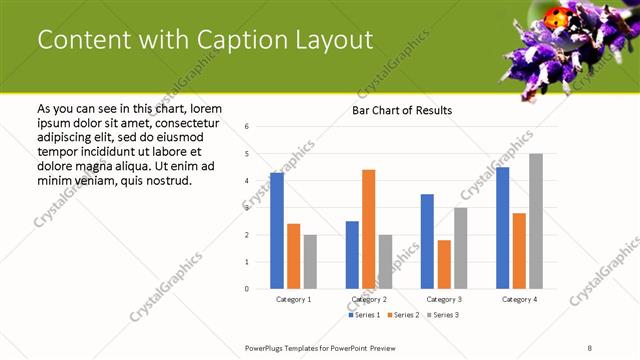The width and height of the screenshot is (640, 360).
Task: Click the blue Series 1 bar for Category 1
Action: [x=277, y=231]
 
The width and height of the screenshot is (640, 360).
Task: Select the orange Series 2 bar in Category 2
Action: [x=369, y=229]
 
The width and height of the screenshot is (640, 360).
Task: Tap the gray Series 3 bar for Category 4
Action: [x=536, y=221]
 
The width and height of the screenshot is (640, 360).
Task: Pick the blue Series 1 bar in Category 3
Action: [x=427, y=241]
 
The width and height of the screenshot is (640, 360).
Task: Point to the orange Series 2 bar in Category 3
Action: [x=444, y=264]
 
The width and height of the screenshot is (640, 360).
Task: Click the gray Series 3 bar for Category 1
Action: [x=310, y=261]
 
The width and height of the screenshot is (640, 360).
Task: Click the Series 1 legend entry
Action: [x=365, y=315]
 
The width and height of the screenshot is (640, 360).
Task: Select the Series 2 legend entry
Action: [x=403, y=315]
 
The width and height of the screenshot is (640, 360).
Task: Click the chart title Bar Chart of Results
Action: [x=402, y=110]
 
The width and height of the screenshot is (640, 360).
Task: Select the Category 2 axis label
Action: [x=369, y=299]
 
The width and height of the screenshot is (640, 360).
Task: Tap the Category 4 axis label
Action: [x=519, y=299]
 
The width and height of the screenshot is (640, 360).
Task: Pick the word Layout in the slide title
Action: [x=337, y=40]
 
